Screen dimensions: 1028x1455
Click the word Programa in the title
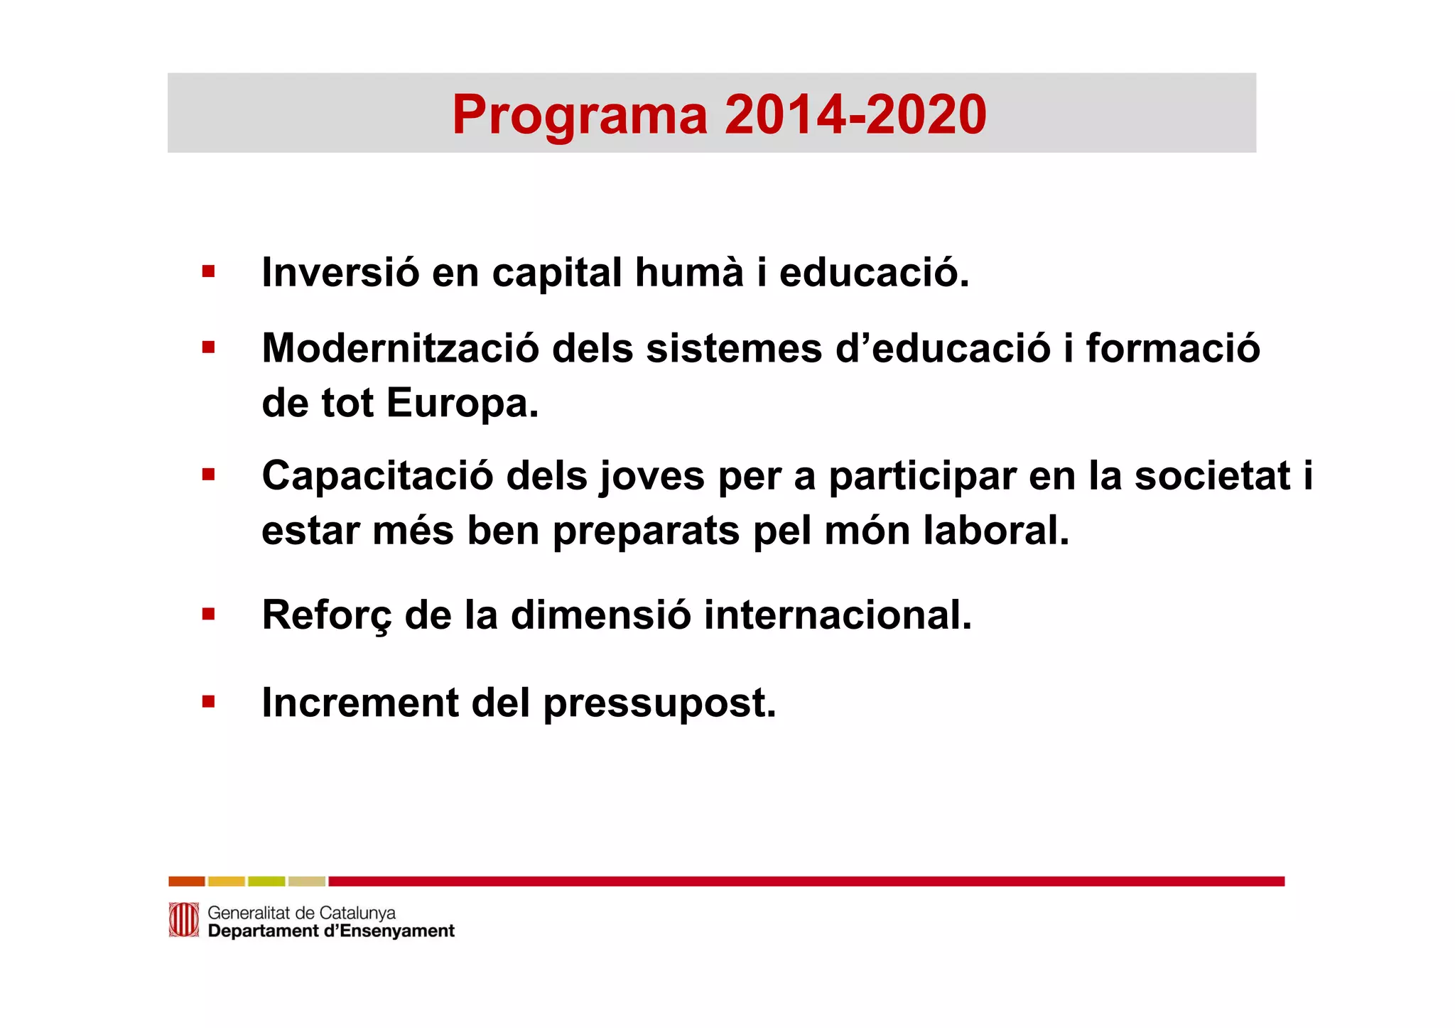[x=580, y=115]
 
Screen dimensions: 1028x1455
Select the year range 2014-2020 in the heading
[x=855, y=115]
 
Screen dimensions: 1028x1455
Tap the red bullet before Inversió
[x=208, y=271]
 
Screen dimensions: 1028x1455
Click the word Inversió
[x=340, y=272]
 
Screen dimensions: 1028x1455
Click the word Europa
[x=463, y=404]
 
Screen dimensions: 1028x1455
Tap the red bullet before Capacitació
[x=208, y=474]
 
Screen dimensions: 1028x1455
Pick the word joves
[x=652, y=476]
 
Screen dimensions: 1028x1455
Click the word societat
[x=1212, y=476]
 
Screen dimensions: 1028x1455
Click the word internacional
[x=838, y=615]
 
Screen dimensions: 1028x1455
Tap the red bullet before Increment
[x=208, y=703]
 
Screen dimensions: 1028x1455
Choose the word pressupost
[x=659, y=704]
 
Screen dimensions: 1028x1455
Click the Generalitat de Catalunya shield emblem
[x=183, y=920]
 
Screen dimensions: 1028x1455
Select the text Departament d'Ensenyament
[x=331, y=931]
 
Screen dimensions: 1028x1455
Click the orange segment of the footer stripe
[x=187, y=882]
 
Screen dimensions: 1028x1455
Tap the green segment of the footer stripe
[x=266, y=882]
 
